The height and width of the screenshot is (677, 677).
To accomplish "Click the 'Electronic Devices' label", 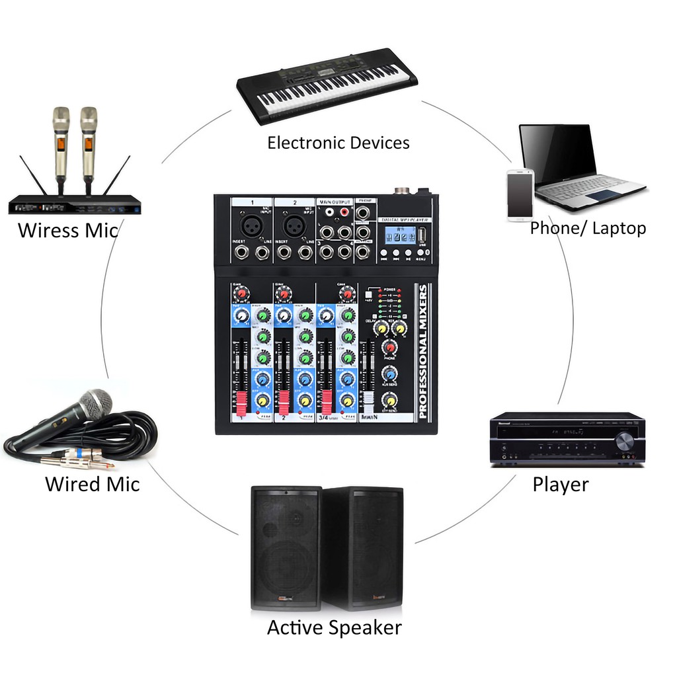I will pyautogui.click(x=338, y=143).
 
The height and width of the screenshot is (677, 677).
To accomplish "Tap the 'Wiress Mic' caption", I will pyautogui.click(x=67, y=231).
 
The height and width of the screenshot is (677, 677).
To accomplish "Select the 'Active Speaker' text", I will pyautogui.click(x=334, y=627).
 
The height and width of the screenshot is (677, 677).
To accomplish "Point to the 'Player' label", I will pyautogui.click(x=561, y=485).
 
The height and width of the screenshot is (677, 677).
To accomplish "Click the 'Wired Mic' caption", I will pyautogui.click(x=92, y=484).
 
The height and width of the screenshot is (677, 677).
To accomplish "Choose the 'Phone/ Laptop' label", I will pyautogui.click(x=588, y=229).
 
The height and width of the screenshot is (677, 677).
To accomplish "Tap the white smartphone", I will pyautogui.click(x=520, y=195).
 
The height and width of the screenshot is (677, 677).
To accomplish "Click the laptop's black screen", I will pyautogui.click(x=558, y=153).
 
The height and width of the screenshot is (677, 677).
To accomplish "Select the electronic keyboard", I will pyautogui.click(x=327, y=85).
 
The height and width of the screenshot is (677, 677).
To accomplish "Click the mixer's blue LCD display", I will pyautogui.click(x=396, y=235).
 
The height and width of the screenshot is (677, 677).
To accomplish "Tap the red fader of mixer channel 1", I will pyautogui.click(x=241, y=399).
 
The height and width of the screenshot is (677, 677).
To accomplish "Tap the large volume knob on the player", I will pyautogui.click(x=623, y=440).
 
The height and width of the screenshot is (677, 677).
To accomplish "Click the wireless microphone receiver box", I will pyautogui.click(x=75, y=205).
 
